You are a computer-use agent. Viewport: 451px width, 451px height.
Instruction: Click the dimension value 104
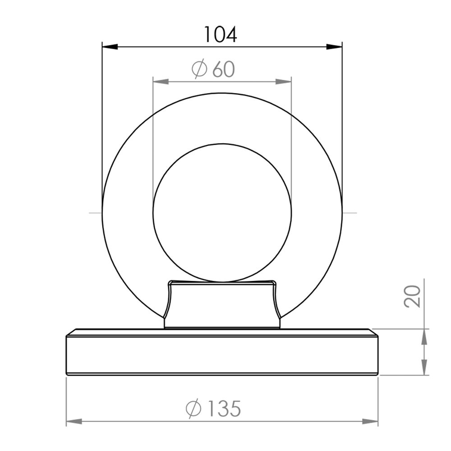click(x=221, y=34)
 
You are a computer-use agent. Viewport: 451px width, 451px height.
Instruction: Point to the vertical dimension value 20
click(x=413, y=296)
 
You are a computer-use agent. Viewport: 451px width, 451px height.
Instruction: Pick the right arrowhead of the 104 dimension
click(x=334, y=46)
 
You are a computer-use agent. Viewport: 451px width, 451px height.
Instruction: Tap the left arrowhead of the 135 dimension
click(x=74, y=421)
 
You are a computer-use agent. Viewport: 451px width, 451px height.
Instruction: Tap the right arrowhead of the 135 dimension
click(x=370, y=421)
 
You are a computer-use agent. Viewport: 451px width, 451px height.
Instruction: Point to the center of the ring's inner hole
click(x=222, y=213)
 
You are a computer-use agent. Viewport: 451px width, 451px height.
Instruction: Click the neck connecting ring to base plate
click(x=222, y=304)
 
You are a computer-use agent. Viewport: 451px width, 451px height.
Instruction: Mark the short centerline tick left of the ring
click(x=95, y=212)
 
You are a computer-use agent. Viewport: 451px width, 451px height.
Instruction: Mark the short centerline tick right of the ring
click(x=350, y=212)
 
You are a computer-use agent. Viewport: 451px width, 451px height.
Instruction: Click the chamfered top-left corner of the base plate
click(x=70, y=332)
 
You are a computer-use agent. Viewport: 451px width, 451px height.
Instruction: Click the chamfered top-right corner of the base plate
click(x=373, y=332)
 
